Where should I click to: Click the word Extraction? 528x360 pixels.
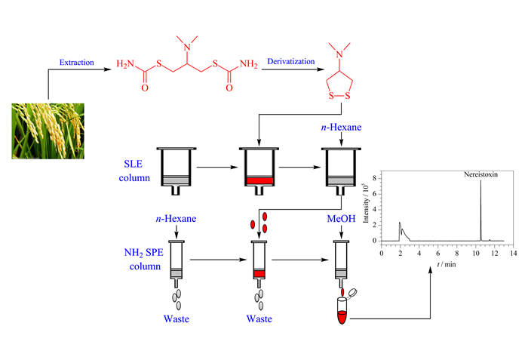tap(76, 63)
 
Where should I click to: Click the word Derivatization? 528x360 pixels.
tap(291, 61)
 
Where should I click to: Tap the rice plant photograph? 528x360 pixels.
tap(48, 131)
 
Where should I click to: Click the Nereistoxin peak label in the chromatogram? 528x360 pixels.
tap(480, 174)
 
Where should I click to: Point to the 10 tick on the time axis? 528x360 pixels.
tap(476, 253)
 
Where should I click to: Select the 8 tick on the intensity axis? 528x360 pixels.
tap(374, 178)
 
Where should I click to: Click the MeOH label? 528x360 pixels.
tap(341, 218)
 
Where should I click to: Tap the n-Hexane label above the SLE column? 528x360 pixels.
tap(341, 127)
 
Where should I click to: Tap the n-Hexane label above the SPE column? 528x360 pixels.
tap(176, 218)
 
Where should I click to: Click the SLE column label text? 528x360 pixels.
tap(134, 171)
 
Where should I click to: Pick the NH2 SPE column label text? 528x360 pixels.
tap(144, 259)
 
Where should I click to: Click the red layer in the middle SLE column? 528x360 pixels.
tap(259, 180)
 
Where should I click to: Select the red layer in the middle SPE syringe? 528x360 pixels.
tap(259, 274)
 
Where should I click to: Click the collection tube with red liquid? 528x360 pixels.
tap(342, 311)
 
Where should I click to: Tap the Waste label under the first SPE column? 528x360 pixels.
tap(176, 319)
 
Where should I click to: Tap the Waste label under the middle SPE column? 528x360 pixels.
tap(259, 319)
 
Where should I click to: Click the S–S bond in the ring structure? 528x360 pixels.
tap(339, 96)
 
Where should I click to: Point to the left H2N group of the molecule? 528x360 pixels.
tap(125, 63)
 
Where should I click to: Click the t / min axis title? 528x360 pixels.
tap(447, 264)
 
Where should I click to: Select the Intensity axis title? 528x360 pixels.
tap(366, 202)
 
